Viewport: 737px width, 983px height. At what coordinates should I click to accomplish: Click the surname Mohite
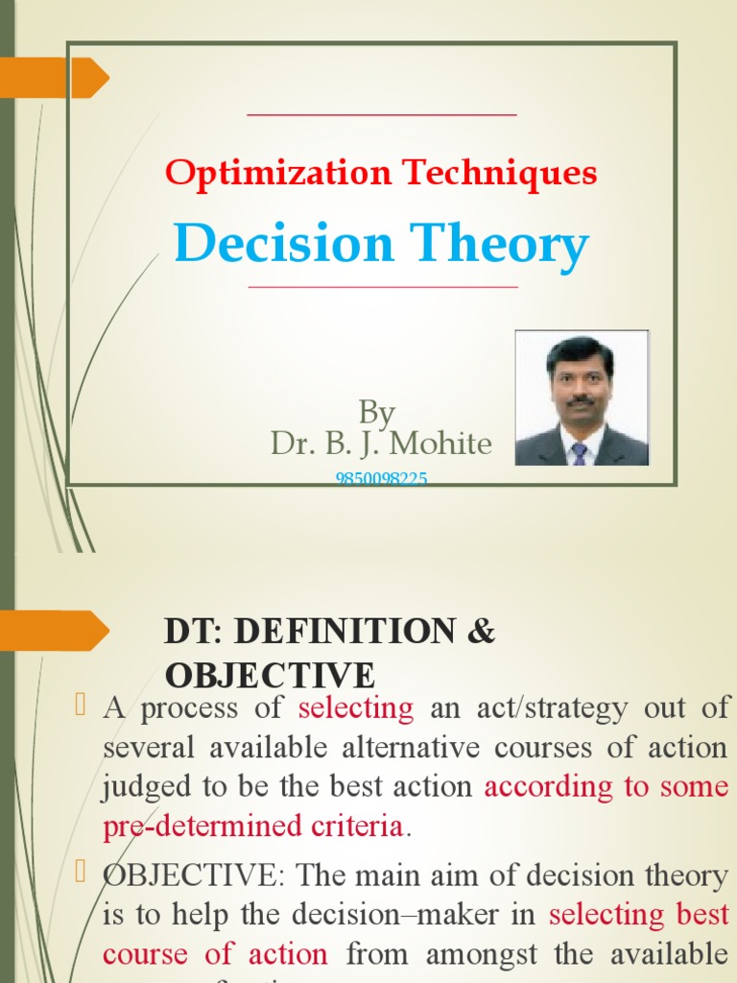click(440, 444)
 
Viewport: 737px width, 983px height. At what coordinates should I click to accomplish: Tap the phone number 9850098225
click(381, 478)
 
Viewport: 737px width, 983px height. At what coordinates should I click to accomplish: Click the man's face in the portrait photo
click(581, 382)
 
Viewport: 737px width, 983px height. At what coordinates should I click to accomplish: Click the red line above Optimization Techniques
click(382, 115)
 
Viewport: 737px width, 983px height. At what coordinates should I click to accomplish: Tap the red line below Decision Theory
click(382, 287)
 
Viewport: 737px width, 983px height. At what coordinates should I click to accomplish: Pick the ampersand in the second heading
click(482, 632)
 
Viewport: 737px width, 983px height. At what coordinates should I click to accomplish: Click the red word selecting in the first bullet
click(355, 708)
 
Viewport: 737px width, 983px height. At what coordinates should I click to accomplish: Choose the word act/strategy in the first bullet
click(555, 708)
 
